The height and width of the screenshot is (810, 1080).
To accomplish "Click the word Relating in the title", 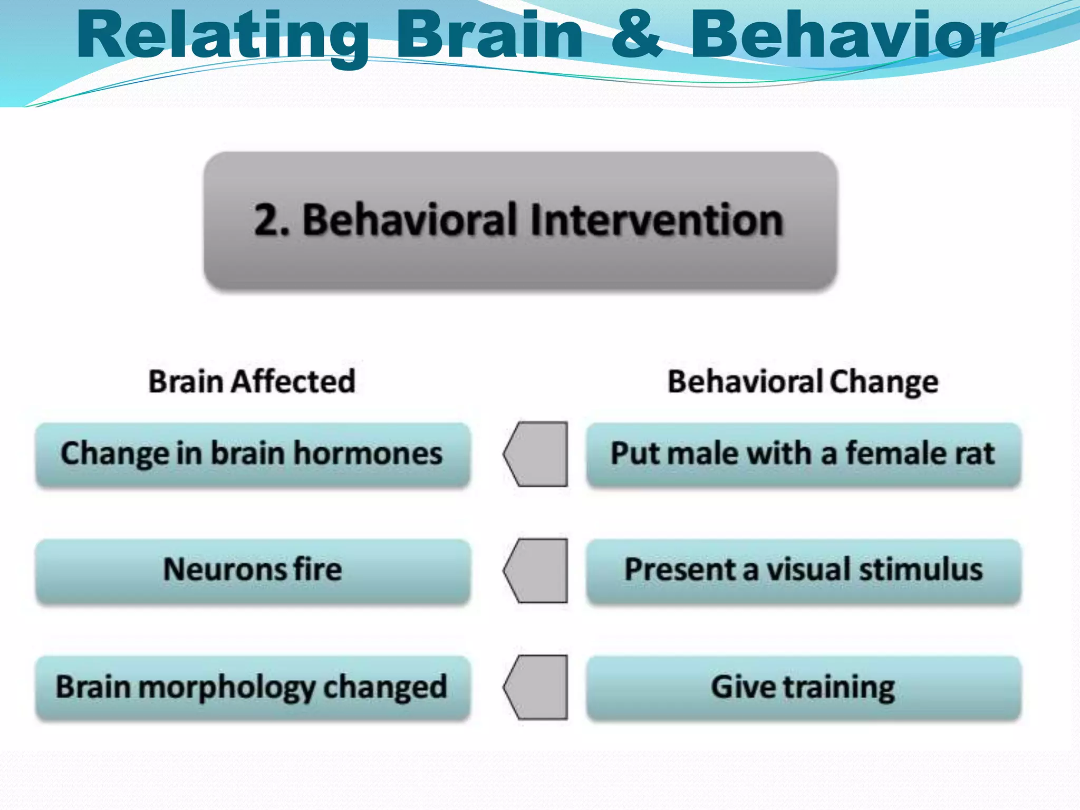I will [x=221, y=37].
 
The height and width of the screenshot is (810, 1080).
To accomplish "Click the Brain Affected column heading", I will [x=252, y=381].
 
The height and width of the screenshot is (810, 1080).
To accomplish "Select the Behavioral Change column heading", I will [x=803, y=381].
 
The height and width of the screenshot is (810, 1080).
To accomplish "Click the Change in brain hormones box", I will [x=252, y=455].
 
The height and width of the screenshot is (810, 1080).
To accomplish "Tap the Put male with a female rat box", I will [x=803, y=455].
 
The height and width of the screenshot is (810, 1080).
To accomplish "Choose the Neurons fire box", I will [x=252, y=571].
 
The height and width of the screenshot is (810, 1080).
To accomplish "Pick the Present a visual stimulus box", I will [x=803, y=571].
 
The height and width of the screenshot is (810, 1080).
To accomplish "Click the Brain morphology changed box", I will [x=252, y=687].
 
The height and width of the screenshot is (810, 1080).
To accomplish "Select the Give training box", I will [x=803, y=687].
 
